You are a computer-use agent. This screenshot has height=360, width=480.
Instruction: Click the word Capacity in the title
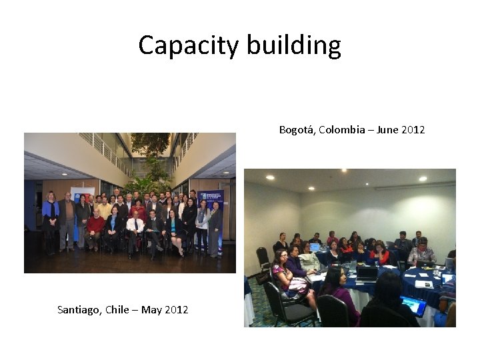(x=189, y=45)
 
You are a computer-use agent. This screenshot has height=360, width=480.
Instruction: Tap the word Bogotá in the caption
(x=297, y=129)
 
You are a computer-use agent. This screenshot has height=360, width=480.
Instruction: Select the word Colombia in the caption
(x=341, y=129)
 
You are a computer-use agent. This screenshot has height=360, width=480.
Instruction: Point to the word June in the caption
(x=387, y=129)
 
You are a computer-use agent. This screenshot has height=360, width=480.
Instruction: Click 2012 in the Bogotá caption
(x=413, y=129)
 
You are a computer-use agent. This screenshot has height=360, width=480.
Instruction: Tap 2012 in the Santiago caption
(x=176, y=309)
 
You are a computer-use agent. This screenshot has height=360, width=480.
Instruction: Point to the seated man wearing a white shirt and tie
(x=135, y=230)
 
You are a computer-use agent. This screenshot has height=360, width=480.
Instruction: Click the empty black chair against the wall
(x=263, y=259)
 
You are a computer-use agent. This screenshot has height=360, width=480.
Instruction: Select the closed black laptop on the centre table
(x=366, y=273)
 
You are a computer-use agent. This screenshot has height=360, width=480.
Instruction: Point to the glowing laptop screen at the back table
(x=314, y=247)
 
